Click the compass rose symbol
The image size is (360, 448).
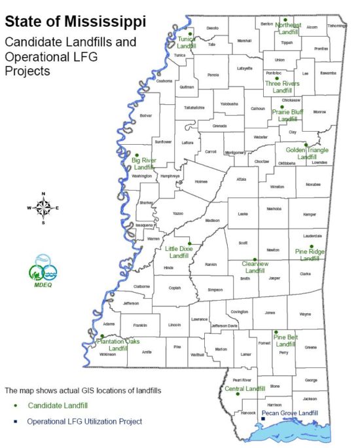[43, 208]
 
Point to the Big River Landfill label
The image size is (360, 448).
[143, 164]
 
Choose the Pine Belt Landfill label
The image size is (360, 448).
[285, 341]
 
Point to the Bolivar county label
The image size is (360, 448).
[145, 115]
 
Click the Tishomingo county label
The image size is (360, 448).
[336, 26]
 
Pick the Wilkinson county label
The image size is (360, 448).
[107, 354]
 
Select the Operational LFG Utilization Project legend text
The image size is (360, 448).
[84, 421]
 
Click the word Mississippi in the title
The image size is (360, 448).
[105, 22]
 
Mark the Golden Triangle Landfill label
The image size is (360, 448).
[306, 154]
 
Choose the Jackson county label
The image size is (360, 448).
[310, 398]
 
